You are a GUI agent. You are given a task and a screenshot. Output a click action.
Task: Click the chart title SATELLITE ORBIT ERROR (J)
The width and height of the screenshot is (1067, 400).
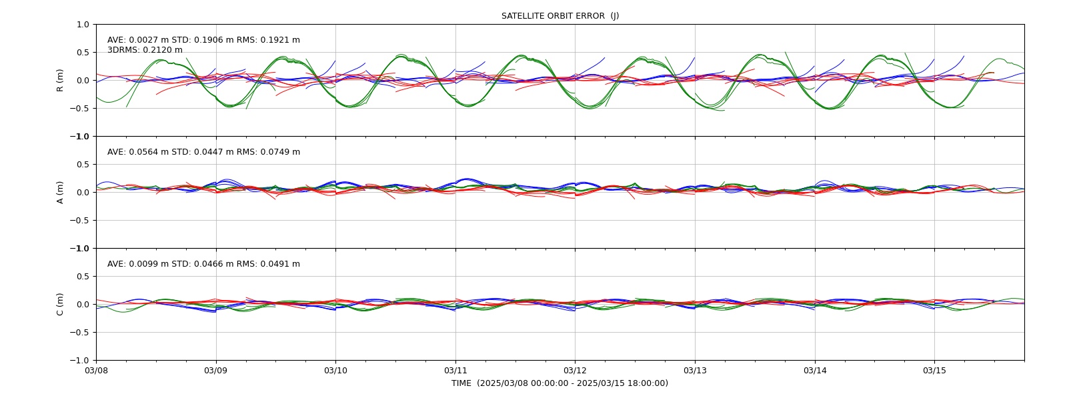[x=560, y=16]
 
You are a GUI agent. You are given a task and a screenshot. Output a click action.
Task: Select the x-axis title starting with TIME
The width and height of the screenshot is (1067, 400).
[x=560, y=383]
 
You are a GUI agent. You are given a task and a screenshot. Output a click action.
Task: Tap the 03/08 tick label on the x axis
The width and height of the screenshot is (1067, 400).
[x=96, y=371]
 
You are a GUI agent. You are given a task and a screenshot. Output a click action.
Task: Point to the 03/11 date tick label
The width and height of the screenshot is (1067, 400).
[x=455, y=371]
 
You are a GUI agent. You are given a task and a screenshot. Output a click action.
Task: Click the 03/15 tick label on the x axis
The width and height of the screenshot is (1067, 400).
[x=934, y=371]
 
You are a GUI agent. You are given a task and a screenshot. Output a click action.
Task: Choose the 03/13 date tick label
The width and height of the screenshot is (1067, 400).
[x=695, y=371]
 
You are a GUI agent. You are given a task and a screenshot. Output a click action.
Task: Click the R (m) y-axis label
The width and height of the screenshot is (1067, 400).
[x=60, y=81]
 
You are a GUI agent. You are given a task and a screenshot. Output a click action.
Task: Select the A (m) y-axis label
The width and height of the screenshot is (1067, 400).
[x=60, y=193]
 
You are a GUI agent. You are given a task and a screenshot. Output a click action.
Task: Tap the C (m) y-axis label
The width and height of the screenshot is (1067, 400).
[x=60, y=304]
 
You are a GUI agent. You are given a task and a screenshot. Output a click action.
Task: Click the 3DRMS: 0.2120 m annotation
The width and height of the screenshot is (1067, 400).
[x=145, y=50]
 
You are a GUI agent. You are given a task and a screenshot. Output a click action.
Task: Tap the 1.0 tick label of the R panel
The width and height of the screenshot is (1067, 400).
[x=83, y=24]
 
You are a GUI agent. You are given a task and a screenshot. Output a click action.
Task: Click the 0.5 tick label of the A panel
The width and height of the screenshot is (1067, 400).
[x=83, y=164]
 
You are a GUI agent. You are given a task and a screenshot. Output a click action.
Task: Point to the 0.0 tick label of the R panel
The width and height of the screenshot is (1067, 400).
[x=83, y=81]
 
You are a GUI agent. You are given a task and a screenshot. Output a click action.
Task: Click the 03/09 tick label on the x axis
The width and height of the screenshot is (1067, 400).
[x=216, y=371]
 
